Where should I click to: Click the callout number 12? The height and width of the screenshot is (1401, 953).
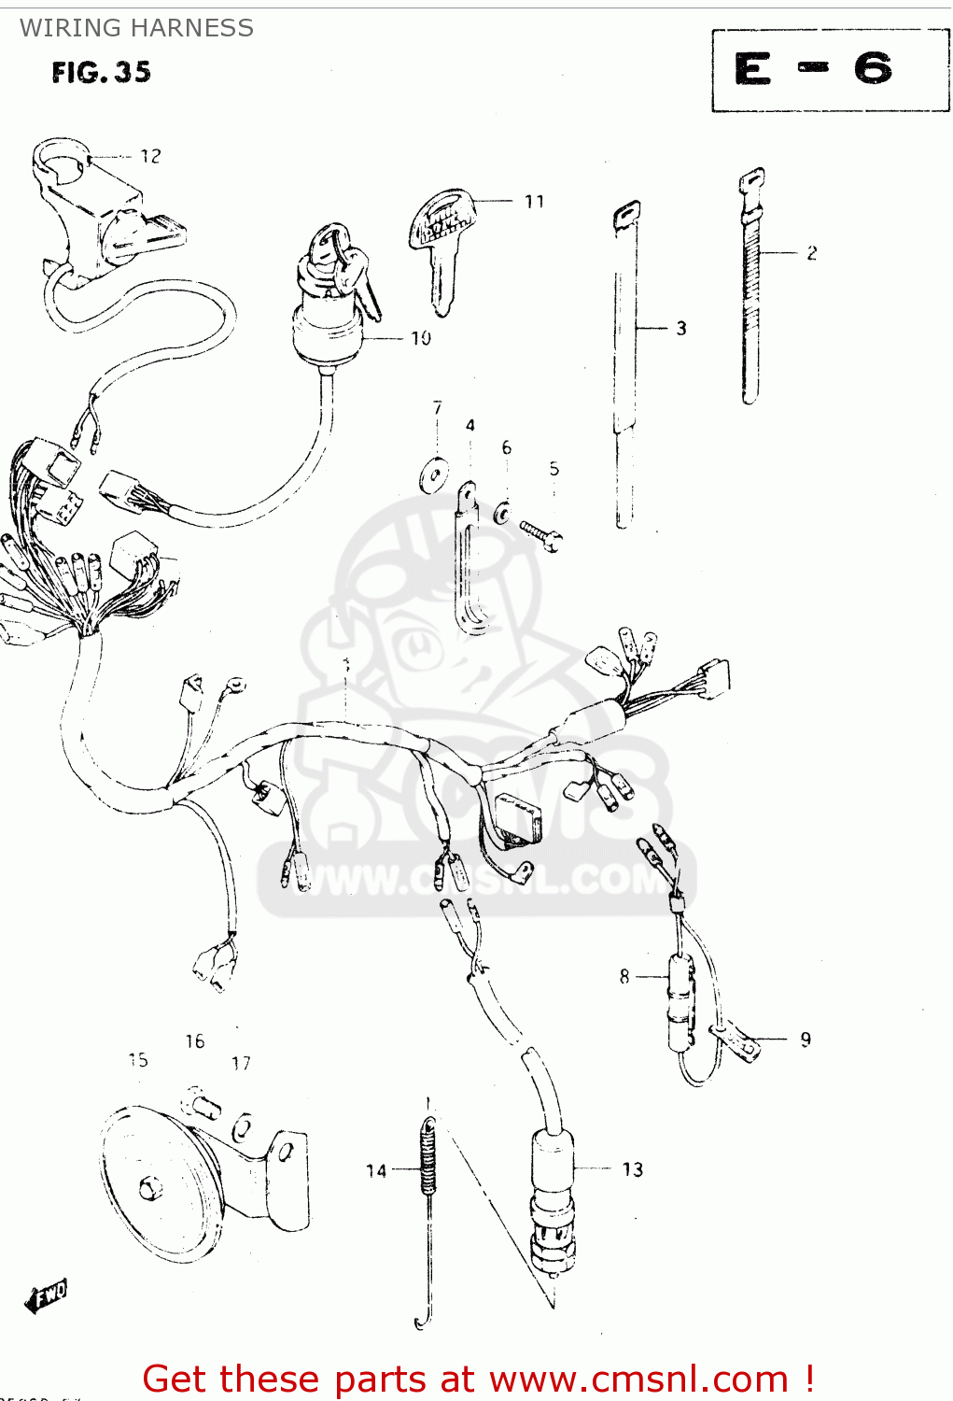[150, 156]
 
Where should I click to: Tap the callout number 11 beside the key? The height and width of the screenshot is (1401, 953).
[534, 201]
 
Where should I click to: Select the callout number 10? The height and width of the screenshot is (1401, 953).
[421, 338]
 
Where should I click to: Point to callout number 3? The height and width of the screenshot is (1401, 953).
[681, 328]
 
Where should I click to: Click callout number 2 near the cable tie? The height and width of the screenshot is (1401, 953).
[812, 252]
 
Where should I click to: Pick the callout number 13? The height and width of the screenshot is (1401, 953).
[633, 1169]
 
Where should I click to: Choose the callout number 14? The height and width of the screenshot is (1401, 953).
[376, 1170]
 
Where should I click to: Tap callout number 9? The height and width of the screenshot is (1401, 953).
[806, 1039]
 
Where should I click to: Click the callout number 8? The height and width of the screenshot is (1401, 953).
[624, 976]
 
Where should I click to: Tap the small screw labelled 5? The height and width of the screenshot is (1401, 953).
[541, 535]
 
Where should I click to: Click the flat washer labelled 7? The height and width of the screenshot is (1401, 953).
[433, 475]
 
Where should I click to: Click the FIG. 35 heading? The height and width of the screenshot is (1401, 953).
[101, 72]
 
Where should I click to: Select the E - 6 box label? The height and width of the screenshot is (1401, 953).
[817, 70]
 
